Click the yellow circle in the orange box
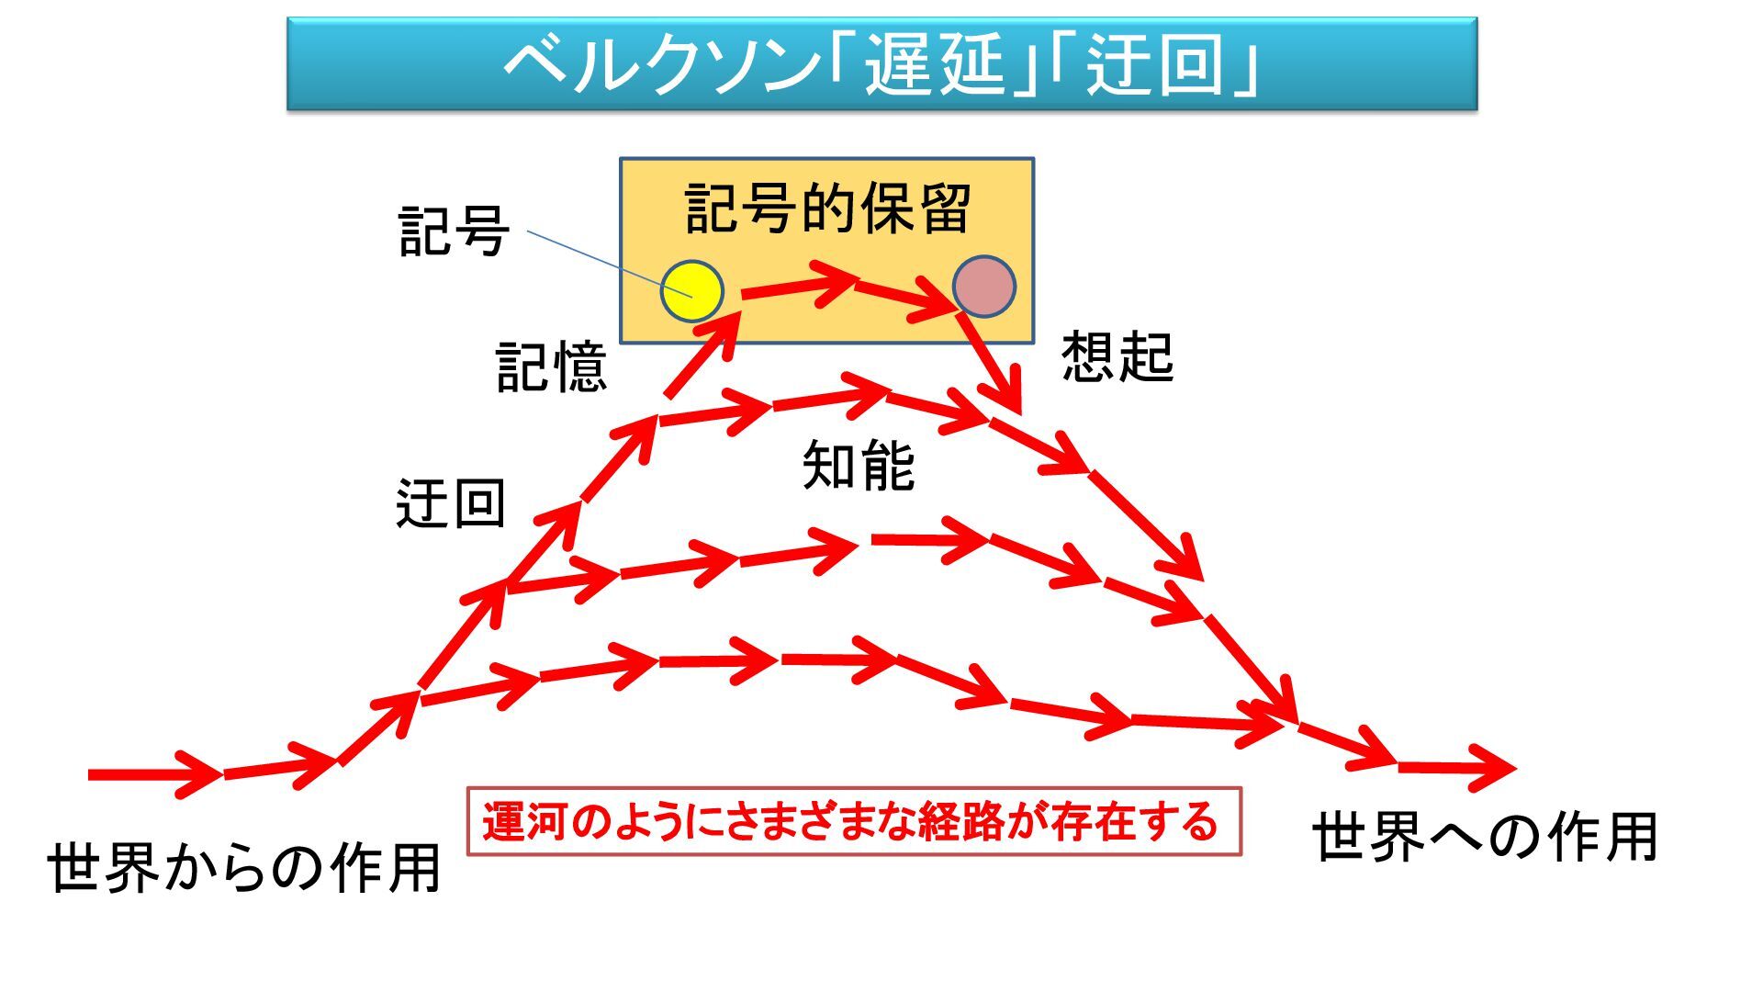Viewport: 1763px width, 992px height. pos(692,291)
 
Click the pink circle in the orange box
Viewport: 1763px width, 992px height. pos(983,287)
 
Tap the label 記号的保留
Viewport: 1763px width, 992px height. pos(827,209)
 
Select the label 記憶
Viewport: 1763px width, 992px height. pos(551,367)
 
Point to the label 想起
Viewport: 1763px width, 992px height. pos(1117,356)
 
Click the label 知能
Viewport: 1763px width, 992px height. pos(858,466)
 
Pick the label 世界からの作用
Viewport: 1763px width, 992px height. pos(244,867)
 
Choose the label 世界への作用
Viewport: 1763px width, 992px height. pos(1484,837)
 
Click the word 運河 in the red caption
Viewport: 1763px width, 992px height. pos(528,821)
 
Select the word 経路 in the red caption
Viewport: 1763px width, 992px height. pos(961,821)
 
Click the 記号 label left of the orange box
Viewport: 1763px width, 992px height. pos(454,231)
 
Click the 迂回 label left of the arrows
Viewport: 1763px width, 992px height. pos(451,504)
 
